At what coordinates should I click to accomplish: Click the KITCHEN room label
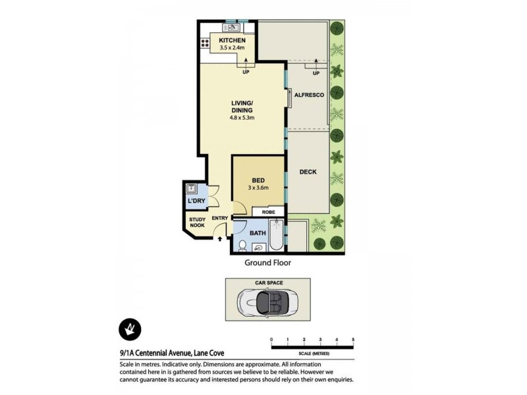point(232,40)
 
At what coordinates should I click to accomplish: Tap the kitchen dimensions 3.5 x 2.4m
point(232,48)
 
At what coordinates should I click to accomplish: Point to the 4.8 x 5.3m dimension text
point(242,118)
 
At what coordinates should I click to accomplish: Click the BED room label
point(258,180)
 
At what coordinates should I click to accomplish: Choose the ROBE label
point(268,212)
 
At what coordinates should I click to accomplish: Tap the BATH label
point(258,232)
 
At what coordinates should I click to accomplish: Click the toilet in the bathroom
point(242,246)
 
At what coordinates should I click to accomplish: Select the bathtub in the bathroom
point(275,235)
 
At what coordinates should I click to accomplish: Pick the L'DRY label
point(194,200)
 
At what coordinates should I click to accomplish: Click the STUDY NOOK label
point(197,223)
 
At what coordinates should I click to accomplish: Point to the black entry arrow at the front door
point(220,239)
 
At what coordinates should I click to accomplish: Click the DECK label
point(308,172)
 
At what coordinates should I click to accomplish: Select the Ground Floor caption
point(268,262)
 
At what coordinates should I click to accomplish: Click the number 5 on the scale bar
point(353,340)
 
